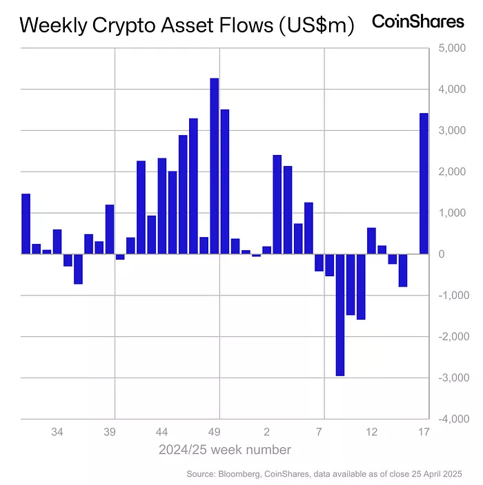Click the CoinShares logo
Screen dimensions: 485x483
pos(418,21)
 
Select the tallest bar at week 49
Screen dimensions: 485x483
pos(215,166)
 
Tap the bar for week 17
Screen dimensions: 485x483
pos(424,183)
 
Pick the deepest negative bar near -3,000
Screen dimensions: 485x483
pos(340,315)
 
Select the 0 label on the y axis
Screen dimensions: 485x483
pos(444,254)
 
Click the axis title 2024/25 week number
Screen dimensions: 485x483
pos(224,450)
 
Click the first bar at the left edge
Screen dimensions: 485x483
pos(26,224)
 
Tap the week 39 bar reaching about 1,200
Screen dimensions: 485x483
pos(110,229)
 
